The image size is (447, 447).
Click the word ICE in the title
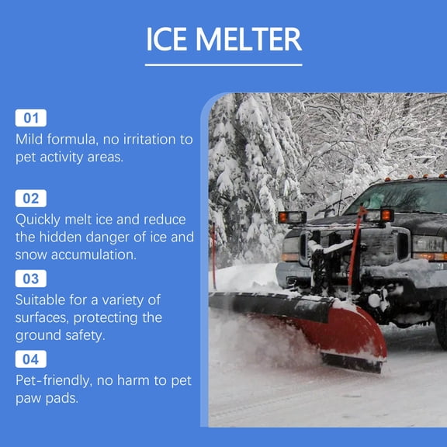(x=167, y=39)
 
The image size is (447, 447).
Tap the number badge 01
(x=31, y=118)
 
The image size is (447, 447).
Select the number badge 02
(x=31, y=198)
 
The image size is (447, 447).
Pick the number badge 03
(x=31, y=279)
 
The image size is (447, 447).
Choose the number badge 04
(x=31, y=359)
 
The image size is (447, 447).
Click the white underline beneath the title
(x=223, y=64)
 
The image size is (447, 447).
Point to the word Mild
(x=32, y=139)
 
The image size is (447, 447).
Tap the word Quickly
(x=43, y=220)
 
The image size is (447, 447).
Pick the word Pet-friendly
(x=58, y=380)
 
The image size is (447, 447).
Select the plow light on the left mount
(x=293, y=217)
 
